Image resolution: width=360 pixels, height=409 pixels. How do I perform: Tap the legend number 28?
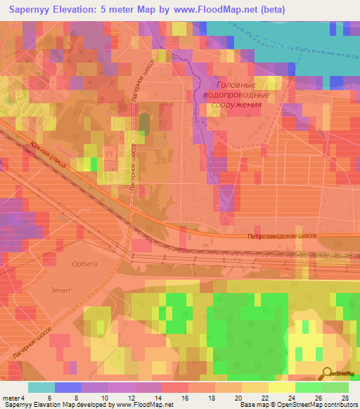click(345, 398)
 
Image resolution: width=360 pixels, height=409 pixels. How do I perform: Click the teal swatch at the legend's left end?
click(41, 387)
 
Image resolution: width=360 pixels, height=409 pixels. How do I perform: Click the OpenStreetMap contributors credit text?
click(318, 405)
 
